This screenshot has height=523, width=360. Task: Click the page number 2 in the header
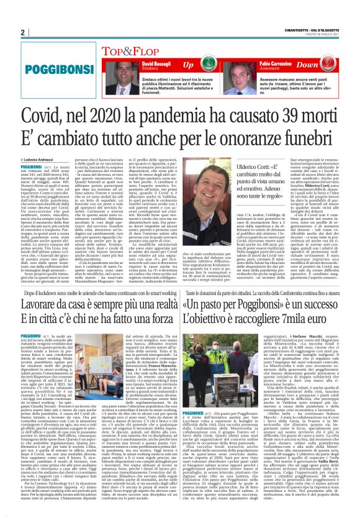click(x=22, y=32)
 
